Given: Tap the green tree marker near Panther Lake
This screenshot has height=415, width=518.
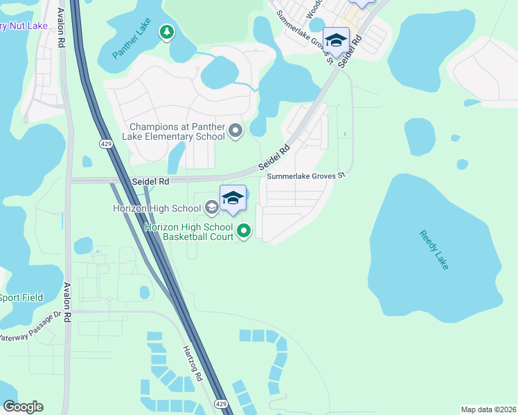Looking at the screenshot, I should point(166,32).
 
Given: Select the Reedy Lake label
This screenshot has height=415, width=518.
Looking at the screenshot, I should point(434,250).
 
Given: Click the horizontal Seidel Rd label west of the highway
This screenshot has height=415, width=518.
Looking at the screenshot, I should point(150,181).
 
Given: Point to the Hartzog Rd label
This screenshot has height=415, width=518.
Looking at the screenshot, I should point(192,364).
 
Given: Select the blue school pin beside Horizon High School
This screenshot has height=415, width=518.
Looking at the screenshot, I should point(233,199).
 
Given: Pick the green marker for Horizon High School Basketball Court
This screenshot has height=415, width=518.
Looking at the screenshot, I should point(243,231).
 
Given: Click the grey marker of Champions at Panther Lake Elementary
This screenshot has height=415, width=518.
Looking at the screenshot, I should point(236,130).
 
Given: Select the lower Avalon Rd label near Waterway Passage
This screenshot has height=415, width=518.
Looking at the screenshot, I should point(67,303).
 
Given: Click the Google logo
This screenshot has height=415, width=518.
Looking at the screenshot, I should point(23,407).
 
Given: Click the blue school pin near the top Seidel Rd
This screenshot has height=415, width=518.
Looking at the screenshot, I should point(336,40).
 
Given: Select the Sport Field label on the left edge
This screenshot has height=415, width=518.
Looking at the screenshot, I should point(21,297).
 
